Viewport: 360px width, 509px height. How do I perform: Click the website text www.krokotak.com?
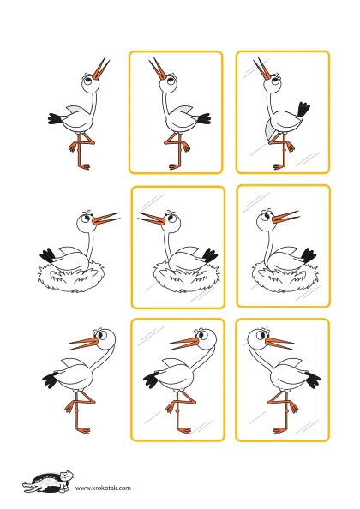(x=103, y=488)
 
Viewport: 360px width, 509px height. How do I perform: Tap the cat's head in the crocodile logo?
(x=66, y=476)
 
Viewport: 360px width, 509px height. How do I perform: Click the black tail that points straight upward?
(x=303, y=110)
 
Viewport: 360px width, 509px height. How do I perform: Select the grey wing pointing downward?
(x=269, y=129)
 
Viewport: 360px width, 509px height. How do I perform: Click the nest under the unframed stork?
(x=71, y=277)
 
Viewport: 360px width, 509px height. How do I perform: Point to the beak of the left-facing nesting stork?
(x=151, y=219)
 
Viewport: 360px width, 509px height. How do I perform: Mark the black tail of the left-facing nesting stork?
(x=210, y=256)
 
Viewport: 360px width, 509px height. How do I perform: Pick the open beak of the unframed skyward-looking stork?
(x=101, y=69)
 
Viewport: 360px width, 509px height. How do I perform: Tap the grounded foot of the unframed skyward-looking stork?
(x=84, y=166)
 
